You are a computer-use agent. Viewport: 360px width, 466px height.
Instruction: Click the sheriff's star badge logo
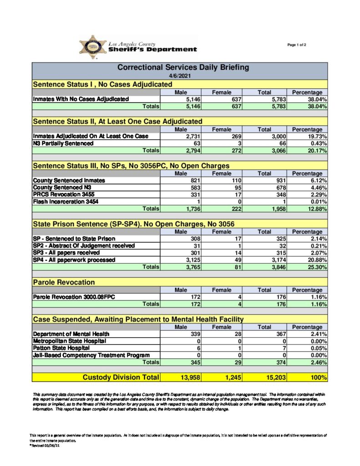click(x=93, y=47)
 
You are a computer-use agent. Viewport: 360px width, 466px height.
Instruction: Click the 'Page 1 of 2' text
click(x=297, y=45)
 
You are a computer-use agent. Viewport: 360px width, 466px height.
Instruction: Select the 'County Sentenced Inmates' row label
click(x=69, y=181)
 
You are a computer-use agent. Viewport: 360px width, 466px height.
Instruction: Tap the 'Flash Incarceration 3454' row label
click(x=66, y=201)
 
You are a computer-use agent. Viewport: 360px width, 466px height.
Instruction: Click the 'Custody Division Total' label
click(x=121, y=377)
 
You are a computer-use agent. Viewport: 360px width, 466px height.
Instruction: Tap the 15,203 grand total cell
click(x=272, y=377)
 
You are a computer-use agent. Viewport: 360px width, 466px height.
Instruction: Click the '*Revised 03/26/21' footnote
click(x=45, y=446)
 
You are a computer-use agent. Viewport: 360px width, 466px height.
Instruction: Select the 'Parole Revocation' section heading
click(x=64, y=283)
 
